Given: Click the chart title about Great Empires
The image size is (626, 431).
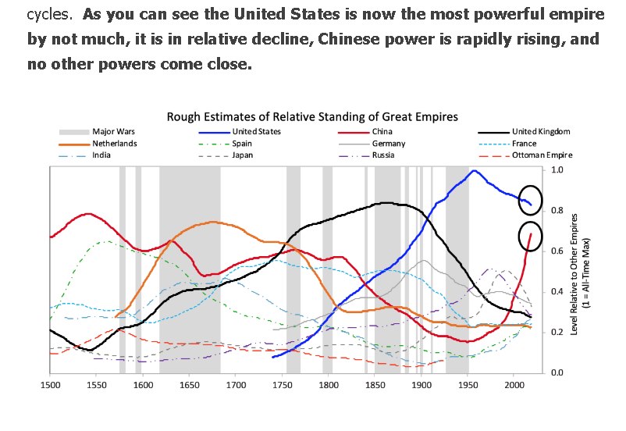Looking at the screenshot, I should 312,116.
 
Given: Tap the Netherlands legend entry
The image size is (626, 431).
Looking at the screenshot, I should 115,144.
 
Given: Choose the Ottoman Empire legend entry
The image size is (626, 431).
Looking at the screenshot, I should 542,155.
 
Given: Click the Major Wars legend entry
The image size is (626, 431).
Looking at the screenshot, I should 112,131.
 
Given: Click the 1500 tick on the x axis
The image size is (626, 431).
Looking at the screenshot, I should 50,385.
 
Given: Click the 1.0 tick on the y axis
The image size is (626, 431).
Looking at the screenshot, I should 557,169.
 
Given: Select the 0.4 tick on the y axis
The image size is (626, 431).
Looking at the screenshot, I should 557,291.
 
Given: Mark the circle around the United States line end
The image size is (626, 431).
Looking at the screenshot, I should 531,200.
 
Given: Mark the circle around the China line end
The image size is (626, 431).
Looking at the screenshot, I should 531,237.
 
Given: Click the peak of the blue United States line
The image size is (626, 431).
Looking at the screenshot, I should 474,171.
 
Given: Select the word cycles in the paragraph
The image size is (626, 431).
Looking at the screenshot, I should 48,14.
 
